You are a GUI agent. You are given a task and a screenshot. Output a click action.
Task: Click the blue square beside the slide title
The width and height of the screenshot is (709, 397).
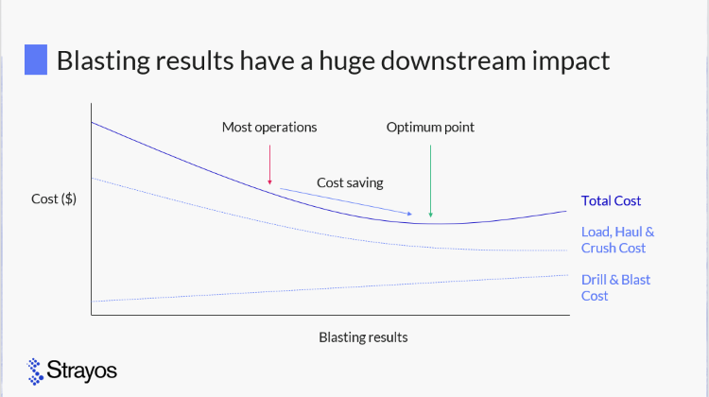click(36, 60)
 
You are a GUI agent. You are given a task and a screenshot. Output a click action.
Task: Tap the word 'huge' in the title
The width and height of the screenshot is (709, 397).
click(347, 62)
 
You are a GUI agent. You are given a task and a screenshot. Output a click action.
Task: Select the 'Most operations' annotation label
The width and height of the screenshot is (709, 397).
click(269, 127)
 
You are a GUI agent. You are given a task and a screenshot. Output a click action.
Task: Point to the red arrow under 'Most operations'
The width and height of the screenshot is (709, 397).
click(270, 164)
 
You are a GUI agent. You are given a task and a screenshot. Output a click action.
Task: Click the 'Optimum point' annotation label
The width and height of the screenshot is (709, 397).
click(430, 127)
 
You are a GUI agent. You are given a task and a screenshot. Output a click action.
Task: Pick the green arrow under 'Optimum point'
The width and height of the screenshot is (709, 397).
click(430, 181)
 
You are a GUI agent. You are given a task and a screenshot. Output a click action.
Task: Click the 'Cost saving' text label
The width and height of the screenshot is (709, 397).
click(350, 182)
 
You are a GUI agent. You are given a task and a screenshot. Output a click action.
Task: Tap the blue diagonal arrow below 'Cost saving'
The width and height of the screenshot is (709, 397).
click(346, 201)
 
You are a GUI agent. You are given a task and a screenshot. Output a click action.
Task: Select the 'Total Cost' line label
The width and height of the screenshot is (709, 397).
click(611, 200)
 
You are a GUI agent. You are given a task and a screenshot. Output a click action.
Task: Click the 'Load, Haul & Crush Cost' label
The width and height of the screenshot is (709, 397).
click(617, 240)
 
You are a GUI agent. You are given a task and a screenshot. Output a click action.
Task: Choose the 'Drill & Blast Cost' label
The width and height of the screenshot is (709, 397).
click(615, 287)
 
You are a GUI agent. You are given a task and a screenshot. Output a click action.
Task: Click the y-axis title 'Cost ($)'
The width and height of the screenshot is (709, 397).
click(54, 198)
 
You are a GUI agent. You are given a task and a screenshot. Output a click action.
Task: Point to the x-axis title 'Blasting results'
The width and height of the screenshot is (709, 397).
click(363, 337)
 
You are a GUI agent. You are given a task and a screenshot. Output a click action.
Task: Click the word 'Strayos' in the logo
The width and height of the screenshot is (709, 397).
click(82, 371)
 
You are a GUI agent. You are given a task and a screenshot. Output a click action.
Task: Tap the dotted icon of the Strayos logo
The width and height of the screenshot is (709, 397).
click(35, 371)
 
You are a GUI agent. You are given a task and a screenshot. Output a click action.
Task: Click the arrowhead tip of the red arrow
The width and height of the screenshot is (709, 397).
click(270, 185)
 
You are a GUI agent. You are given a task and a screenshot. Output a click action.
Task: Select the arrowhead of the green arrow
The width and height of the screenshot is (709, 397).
click(430, 216)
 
